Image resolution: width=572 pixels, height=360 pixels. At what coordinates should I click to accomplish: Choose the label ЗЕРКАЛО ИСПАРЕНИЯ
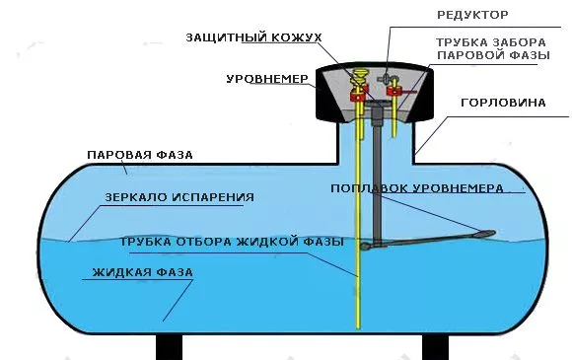179,197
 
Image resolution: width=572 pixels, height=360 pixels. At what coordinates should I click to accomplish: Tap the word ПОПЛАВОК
368,187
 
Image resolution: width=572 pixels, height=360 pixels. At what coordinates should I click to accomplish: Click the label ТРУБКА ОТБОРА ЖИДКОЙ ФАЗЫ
231,241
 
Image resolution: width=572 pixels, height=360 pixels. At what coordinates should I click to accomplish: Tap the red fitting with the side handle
394,91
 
